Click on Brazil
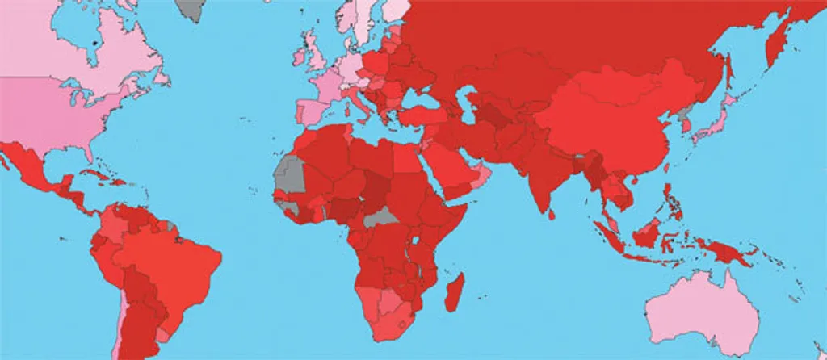[174, 258]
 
